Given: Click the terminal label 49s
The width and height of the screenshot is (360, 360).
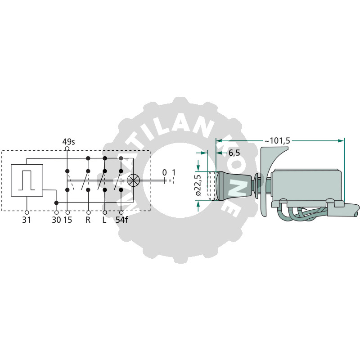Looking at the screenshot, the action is [69, 142].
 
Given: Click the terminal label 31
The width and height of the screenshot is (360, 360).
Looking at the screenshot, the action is [27, 220].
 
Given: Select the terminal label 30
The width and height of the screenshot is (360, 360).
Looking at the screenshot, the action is [57, 220].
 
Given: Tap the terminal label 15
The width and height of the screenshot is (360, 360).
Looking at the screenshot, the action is [68, 220].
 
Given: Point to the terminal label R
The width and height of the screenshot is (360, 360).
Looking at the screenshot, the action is [88, 220].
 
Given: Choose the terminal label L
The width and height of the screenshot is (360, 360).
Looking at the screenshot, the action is [104, 220].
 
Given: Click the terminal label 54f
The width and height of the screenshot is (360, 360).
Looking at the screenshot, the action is [121, 220].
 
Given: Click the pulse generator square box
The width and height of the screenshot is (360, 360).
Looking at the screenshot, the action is [27, 180].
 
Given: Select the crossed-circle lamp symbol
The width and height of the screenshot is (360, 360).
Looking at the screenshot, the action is [133, 180].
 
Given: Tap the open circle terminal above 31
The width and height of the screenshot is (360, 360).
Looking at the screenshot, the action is [27, 212].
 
